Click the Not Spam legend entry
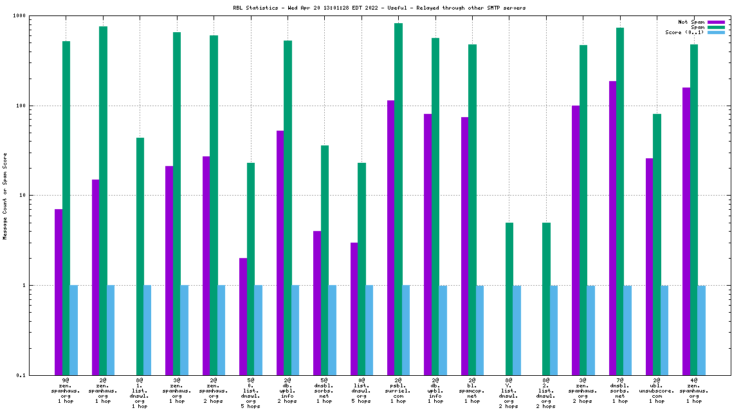tap(692, 22)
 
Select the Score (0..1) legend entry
tap(683, 32)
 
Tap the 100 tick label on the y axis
tap(40, 106)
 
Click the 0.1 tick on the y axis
tap(40, 375)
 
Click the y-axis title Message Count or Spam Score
tap(5, 196)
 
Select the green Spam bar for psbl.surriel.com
tap(399, 199)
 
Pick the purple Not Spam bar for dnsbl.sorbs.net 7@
tap(612, 228)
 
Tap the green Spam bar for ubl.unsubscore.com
tap(657, 245)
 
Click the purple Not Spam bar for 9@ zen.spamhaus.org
tap(59, 292)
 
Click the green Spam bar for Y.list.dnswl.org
tap(509, 299)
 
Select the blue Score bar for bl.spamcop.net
tap(480, 330)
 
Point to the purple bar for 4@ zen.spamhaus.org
tap(686, 231)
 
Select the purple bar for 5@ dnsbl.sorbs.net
tap(317, 303)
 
